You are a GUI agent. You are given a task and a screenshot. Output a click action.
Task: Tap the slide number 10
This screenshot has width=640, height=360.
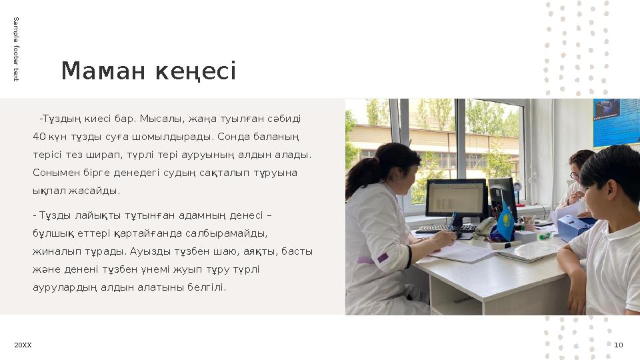click(x=618, y=345)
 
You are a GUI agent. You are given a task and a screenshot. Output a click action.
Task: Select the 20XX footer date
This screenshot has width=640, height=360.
click(x=23, y=345)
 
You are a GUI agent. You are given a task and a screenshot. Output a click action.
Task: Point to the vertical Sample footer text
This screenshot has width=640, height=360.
click(x=16, y=50)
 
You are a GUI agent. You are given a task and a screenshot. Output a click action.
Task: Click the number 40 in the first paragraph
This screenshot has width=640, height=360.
click(x=38, y=137)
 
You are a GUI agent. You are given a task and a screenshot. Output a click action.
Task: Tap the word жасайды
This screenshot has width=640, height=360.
click(x=100, y=190)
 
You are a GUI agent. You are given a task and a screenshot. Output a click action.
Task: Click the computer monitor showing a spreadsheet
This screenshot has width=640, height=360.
click(x=457, y=198)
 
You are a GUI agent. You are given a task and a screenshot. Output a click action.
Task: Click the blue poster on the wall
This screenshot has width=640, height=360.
click(x=615, y=122)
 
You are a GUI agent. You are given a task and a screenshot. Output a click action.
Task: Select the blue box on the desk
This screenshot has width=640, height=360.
click(x=573, y=227)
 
